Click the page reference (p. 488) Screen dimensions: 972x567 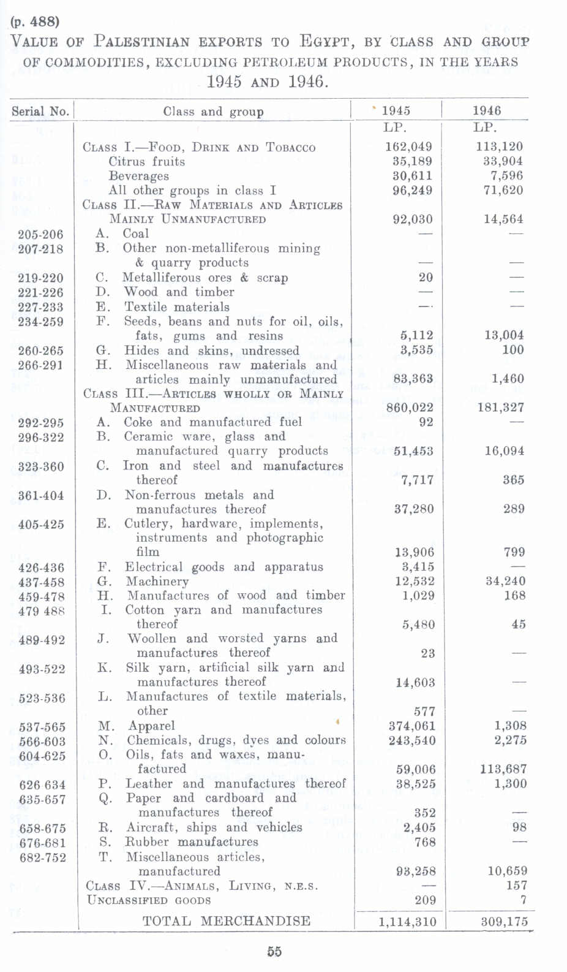pyautogui.click(x=35, y=21)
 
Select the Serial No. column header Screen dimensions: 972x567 pyautogui.click(x=40, y=112)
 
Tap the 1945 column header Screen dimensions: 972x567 pyautogui.click(x=396, y=111)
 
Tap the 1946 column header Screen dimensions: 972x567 pyautogui.click(x=486, y=111)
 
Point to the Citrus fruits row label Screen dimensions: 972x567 pyautogui.click(x=146, y=162)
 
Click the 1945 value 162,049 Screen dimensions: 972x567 pyautogui.click(x=408, y=147)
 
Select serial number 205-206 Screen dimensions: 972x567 pyautogui.click(x=40, y=234)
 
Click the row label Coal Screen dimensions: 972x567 pyautogui.click(x=135, y=234)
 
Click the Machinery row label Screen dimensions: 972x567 pyautogui.click(x=157, y=581)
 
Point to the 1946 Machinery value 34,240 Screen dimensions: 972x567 pyautogui.click(x=505, y=581)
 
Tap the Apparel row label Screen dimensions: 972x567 pyautogui.click(x=151, y=726)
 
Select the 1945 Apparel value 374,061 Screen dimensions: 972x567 pyautogui.click(x=411, y=726)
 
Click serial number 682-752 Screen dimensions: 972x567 pyautogui.click(x=42, y=857)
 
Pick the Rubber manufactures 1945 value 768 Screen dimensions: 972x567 pyautogui.click(x=424, y=842)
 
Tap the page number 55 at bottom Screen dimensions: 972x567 pyautogui.click(x=274, y=952)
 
